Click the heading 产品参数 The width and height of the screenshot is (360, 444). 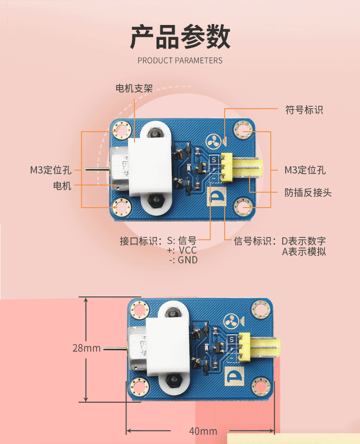click(x=180, y=37)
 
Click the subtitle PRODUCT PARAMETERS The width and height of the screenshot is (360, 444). click(x=180, y=61)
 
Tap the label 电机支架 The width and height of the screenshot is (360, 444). click(x=134, y=88)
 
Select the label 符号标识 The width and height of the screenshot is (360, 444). click(x=304, y=110)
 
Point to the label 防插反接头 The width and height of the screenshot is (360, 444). click(x=308, y=193)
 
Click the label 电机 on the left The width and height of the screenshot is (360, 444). click(x=62, y=185)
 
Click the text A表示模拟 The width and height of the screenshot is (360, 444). click(x=303, y=251)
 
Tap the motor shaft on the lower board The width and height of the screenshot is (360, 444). click(x=115, y=347)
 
